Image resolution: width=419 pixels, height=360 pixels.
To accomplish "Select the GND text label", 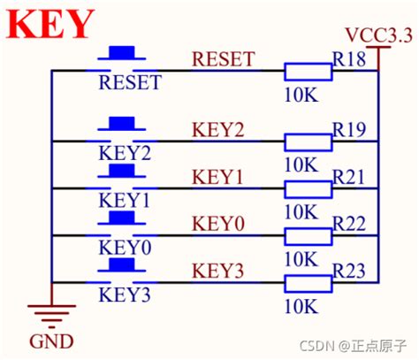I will tap(50, 341).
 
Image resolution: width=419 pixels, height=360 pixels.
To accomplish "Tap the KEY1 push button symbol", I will tap(124, 173).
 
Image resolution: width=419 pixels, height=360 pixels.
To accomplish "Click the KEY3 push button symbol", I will tap(124, 267).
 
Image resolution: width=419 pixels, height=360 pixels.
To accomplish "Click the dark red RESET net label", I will tap(223, 59).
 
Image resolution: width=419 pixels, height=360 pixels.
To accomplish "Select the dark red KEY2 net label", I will tap(217, 129).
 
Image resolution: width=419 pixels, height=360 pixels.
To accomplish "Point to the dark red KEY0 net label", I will tap(217, 225).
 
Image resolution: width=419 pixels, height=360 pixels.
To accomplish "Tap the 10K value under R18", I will tap(301, 93).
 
